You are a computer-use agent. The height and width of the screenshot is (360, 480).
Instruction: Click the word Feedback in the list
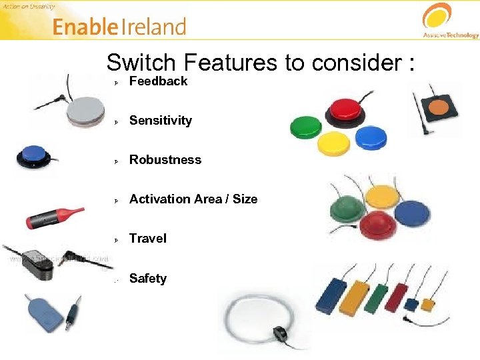pyautogui.click(x=158, y=81)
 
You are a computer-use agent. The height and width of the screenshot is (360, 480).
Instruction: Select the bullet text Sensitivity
pyautogui.click(x=160, y=121)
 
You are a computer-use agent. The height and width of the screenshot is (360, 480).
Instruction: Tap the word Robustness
pyautogui.click(x=165, y=160)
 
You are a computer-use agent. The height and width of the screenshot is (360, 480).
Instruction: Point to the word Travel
pyautogui.click(x=147, y=239)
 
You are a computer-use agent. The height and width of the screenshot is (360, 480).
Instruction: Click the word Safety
pyautogui.click(x=147, y=279)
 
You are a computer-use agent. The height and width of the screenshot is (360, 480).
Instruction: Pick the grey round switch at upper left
pyautogui.click(x=85, y=110)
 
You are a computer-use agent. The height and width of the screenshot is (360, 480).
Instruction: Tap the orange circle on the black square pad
pyautogui.click(x=437, y=106)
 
